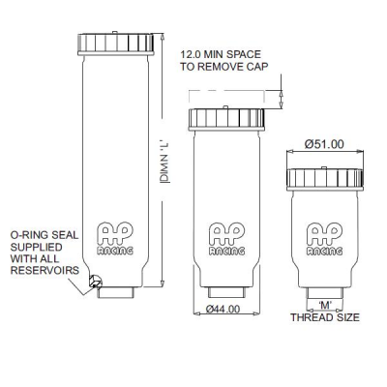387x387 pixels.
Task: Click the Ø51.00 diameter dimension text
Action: tap(324, 144)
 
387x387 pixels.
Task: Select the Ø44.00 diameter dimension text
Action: tap(223, 309)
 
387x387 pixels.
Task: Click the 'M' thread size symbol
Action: tap(325, 304)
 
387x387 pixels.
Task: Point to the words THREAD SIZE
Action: tap(325, 317)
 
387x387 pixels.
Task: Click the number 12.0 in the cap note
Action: tap(192, 54)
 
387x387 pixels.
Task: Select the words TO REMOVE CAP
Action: tap(224, 67)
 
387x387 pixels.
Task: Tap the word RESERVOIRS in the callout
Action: tap(45, 270)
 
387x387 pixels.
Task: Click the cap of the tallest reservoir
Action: tap(115, 44)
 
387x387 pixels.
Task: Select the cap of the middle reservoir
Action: tap(226, 119)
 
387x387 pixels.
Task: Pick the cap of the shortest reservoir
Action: tap(325, 179)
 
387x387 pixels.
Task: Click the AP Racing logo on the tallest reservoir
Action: tap(115, 238)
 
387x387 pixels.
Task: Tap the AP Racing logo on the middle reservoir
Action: tap(226, 239)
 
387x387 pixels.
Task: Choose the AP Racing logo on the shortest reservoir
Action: tap(325, 239)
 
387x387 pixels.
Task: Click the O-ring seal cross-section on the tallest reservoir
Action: tap(96, 281)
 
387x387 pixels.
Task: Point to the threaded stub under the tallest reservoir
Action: tap(115, 292)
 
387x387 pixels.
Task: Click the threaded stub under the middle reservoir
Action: tap(226, 292)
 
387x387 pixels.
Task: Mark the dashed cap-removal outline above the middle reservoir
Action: tap(226, 91)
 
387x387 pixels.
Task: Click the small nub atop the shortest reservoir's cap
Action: tap(324, 167)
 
